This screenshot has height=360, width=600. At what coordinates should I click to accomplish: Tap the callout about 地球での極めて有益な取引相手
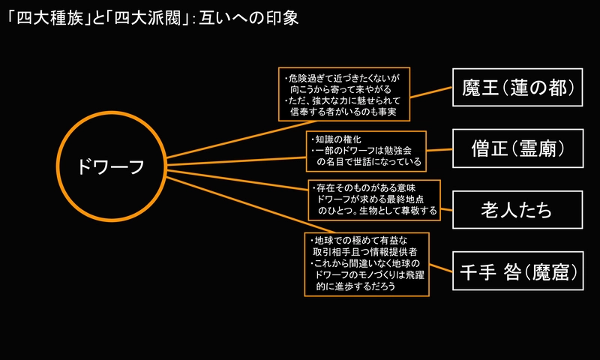366,265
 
